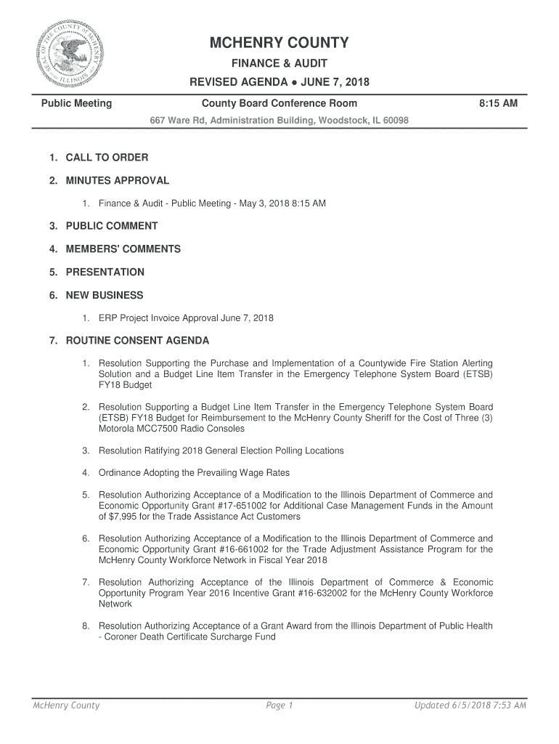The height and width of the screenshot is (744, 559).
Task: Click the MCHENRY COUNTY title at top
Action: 279,44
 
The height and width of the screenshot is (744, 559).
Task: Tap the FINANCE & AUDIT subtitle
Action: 279,64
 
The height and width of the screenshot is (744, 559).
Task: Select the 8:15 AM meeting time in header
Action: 498,104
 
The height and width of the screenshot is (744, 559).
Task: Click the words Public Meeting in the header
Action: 76,104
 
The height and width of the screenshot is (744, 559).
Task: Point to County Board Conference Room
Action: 279,104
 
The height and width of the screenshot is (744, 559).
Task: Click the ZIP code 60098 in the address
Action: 395,120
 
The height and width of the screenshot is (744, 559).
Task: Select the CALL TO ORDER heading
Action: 107,158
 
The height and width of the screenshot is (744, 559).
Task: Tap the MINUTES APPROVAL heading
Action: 117,180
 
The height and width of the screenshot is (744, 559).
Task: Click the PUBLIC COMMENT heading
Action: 111,226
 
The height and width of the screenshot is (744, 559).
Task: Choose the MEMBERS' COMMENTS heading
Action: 123,249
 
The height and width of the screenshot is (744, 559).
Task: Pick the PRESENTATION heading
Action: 105,272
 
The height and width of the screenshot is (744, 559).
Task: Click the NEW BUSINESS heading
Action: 105,296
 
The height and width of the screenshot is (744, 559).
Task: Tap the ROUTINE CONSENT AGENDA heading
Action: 137,341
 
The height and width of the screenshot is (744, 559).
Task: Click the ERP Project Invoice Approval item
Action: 186,318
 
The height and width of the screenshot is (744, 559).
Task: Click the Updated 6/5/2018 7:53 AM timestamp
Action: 470,705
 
